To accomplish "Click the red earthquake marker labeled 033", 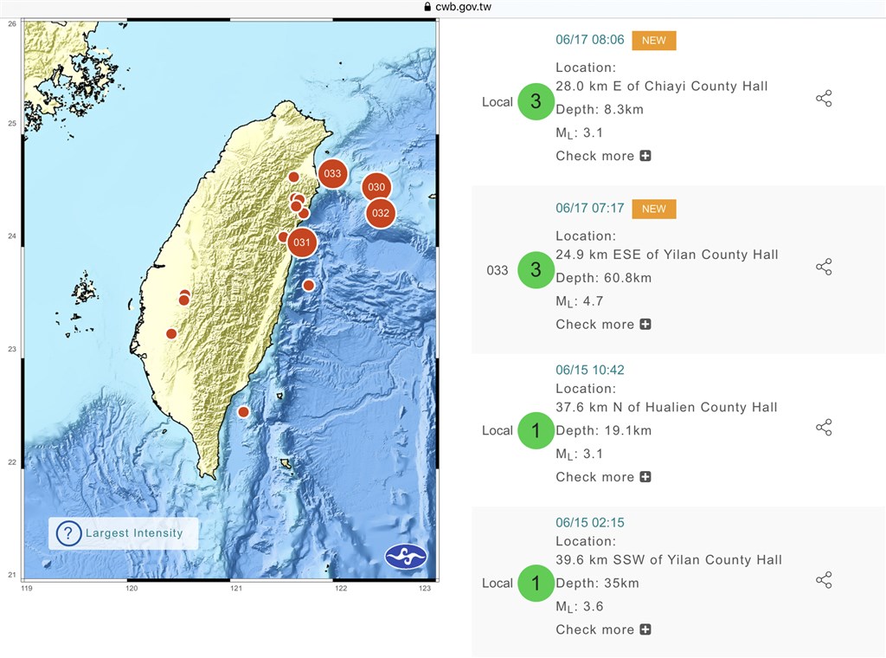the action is click(332, 174).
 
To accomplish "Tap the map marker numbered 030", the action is click(376, 186).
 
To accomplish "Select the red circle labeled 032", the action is click(380, 213).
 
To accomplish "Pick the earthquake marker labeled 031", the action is click(301, 242).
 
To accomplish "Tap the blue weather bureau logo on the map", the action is click(406, 556).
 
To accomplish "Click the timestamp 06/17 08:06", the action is click(589, 39).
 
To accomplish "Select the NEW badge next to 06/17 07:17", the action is click(654, 209).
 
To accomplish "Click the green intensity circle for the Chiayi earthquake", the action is click(536, 101).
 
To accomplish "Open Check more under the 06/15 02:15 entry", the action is click(603, 629).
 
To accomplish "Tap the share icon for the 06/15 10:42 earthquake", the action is click(824, 427).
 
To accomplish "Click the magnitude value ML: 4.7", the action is click(580, 301).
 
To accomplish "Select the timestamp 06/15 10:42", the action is click(589, 370).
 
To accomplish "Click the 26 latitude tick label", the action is click(12, 23).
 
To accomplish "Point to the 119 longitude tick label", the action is click(27, 589).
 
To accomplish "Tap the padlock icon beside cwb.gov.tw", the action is click(427, 7).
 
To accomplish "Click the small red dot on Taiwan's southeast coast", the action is click(243, 412).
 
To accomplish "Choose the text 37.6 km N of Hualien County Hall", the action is click(666, 407).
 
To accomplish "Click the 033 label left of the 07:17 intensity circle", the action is click(498, 270).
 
